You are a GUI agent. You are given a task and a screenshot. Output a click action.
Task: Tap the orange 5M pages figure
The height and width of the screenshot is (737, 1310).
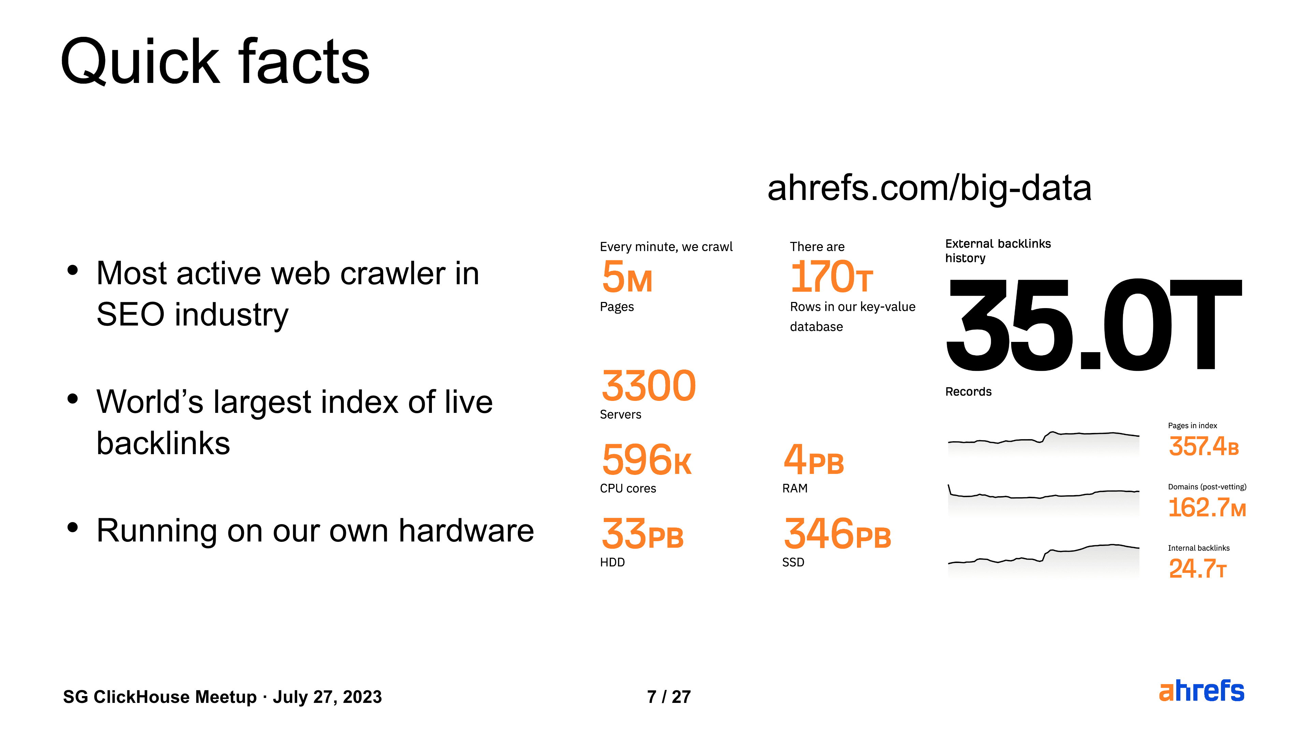click(x=627, y=277)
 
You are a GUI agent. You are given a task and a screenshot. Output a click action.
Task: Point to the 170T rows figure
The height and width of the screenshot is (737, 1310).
click(x=831, y=277)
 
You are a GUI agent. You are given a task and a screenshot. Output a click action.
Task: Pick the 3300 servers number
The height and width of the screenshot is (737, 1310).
click(x=649, y=386)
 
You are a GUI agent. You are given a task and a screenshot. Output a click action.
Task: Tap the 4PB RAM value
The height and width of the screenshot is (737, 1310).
click(x=814, y=459)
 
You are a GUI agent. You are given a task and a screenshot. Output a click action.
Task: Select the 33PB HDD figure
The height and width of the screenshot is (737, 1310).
click(x=643, y=534)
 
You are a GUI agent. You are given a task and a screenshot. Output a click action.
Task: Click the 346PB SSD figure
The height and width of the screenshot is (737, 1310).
click(x=838, y=534)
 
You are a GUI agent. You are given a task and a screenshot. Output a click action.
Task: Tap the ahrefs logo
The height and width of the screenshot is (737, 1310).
click(x=1202, y=691)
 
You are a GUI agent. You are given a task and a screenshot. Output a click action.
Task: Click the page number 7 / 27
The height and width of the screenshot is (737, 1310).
click(x=669, y=697)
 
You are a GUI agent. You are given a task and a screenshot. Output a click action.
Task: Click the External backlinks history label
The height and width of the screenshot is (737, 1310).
click(x=998, y=251)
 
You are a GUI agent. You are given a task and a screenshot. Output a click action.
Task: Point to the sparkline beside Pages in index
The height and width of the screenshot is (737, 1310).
click(x=1044, y=438)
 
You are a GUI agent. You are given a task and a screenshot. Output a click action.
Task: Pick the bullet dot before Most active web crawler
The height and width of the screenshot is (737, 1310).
click(x=73, y=270)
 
